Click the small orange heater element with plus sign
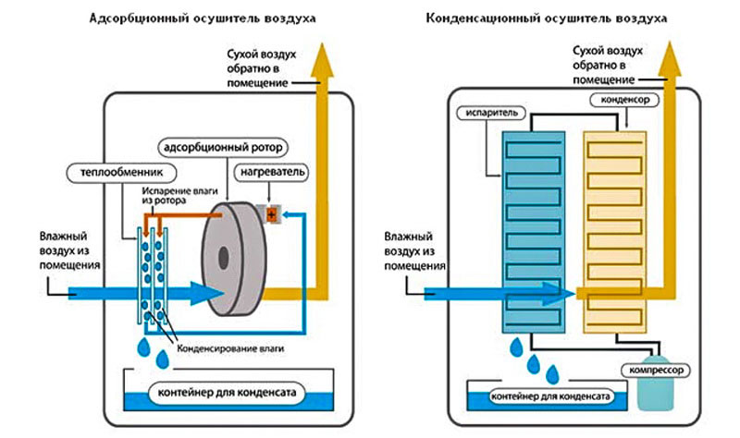tap(272, 214)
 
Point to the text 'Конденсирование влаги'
tap(227, 347)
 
